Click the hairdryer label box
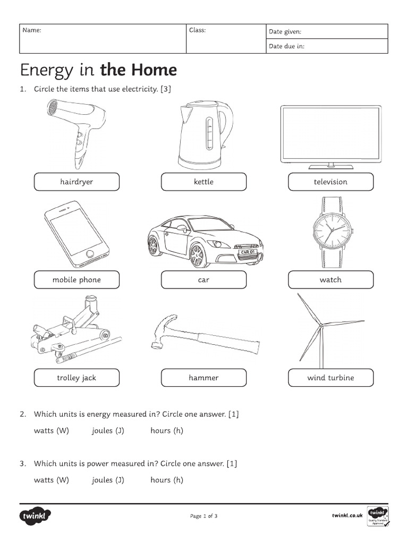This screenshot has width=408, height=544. click(x=76, y=182)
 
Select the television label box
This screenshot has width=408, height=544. click(x=330, y=182)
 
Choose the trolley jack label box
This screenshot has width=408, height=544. click(x=76, y=378)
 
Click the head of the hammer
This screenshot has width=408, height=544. click(x=164, y=330)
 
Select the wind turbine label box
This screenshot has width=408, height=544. click(x=330, y=378)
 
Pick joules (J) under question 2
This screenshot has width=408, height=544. click(x=108, y=430)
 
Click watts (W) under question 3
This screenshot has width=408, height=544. click(x=52, y=480)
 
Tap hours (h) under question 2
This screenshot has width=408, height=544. click(x=167, y=430)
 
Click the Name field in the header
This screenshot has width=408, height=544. click(x=103, y=39)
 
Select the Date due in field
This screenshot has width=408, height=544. click(x=327, y=46)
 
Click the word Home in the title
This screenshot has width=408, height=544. click(x=155, y=70)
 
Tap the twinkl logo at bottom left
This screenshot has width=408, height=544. click(x=36, y=516)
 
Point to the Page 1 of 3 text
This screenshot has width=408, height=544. click(x=203, y=516)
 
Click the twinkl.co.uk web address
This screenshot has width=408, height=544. click(x=347, y=515)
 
